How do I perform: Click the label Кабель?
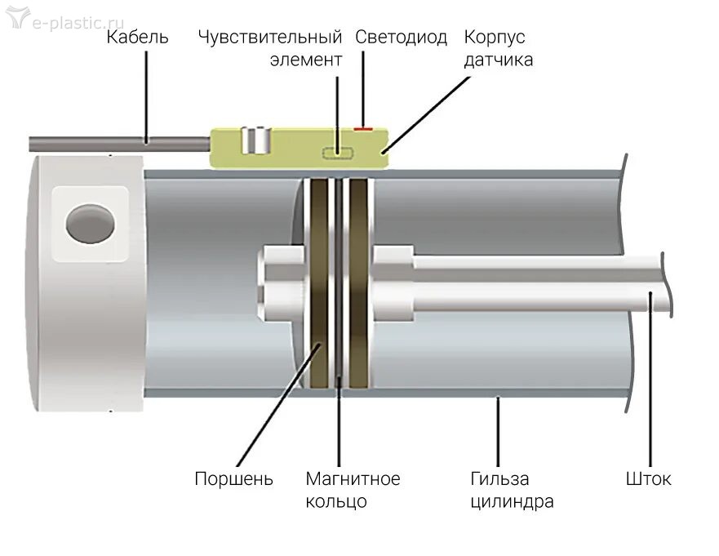point(137,38)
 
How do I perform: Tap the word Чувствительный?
point(269,38)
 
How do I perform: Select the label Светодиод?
point(401,38)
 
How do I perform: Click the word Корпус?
point(495,38)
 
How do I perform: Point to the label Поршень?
point(233,478)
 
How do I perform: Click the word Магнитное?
point(353,478)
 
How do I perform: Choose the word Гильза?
point(499,478)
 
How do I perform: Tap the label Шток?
point(650,478)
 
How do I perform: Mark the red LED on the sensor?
point(364,128)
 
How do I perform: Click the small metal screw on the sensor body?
point(259,141)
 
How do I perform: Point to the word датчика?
point(498,60)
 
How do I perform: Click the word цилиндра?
point(511,501)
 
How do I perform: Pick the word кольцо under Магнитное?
point(335,501)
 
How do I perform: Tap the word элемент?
point(305,60)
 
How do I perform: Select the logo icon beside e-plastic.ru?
point(17,19)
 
